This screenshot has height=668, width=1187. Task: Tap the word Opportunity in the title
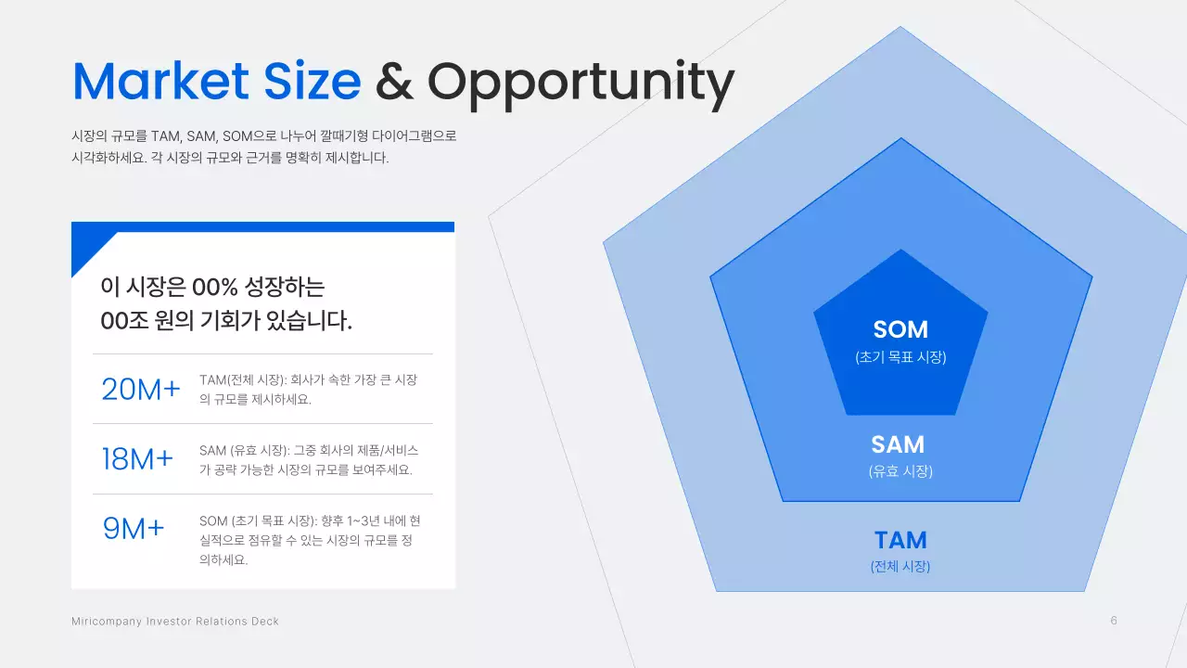pos(581,83)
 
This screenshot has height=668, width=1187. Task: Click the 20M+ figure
pos(141,391)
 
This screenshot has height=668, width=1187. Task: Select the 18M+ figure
pos(137,459)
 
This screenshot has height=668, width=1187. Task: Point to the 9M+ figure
pos(134,528)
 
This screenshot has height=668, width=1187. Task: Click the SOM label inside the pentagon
pos(900,329)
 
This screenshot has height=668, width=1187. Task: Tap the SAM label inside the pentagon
pos(898,444)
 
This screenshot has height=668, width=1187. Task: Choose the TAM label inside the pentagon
pos(900,540)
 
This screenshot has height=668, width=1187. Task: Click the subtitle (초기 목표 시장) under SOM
pos(900,357)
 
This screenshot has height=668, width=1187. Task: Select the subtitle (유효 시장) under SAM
pos(900,471)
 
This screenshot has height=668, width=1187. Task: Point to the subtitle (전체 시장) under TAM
pos(900,567)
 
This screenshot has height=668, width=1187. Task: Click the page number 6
pos(1114,621)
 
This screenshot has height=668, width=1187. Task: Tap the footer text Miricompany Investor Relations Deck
pos(175,621)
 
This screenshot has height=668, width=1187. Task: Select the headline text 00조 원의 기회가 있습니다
pos(226,321)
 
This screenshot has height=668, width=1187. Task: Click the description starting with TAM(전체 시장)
pos(309,390)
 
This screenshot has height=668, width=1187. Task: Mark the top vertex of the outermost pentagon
pos(900,28)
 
